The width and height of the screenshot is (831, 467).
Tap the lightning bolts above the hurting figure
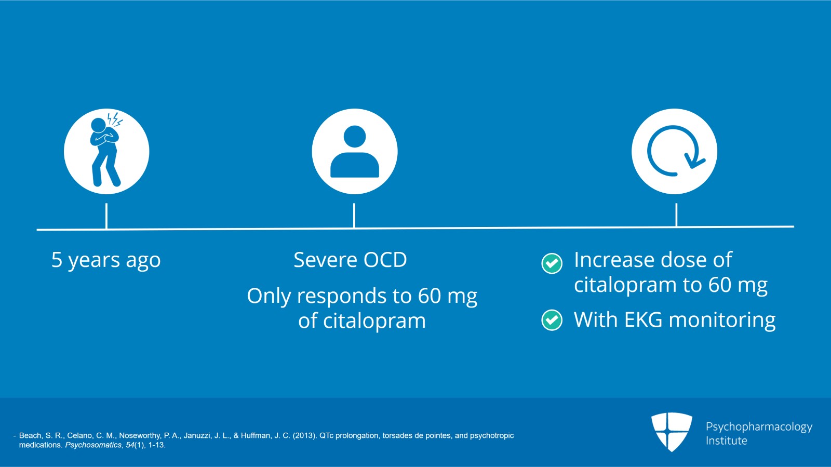[x=115, y=119]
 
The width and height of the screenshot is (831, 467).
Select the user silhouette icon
[x=355, y=151]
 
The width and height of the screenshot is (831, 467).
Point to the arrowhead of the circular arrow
[x=694, y=162]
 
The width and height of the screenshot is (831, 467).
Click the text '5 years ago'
[x=106, y=260]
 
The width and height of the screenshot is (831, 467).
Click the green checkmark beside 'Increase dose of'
[x=552, y=263]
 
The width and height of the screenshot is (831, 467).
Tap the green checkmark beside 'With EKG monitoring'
[x=552, y=320]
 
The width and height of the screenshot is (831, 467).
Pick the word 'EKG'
[x=643, y=319]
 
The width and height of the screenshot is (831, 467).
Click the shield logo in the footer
[x=672, y=432]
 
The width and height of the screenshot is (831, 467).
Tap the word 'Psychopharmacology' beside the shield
[x=759, y=428]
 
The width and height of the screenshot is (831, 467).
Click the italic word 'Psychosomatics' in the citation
[x=93, y=445]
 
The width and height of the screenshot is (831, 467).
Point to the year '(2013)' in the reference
[x=304, y=435]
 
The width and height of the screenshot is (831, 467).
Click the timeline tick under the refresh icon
[x=676, y=215]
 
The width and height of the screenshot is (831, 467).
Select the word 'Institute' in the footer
[x=727, y=441]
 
